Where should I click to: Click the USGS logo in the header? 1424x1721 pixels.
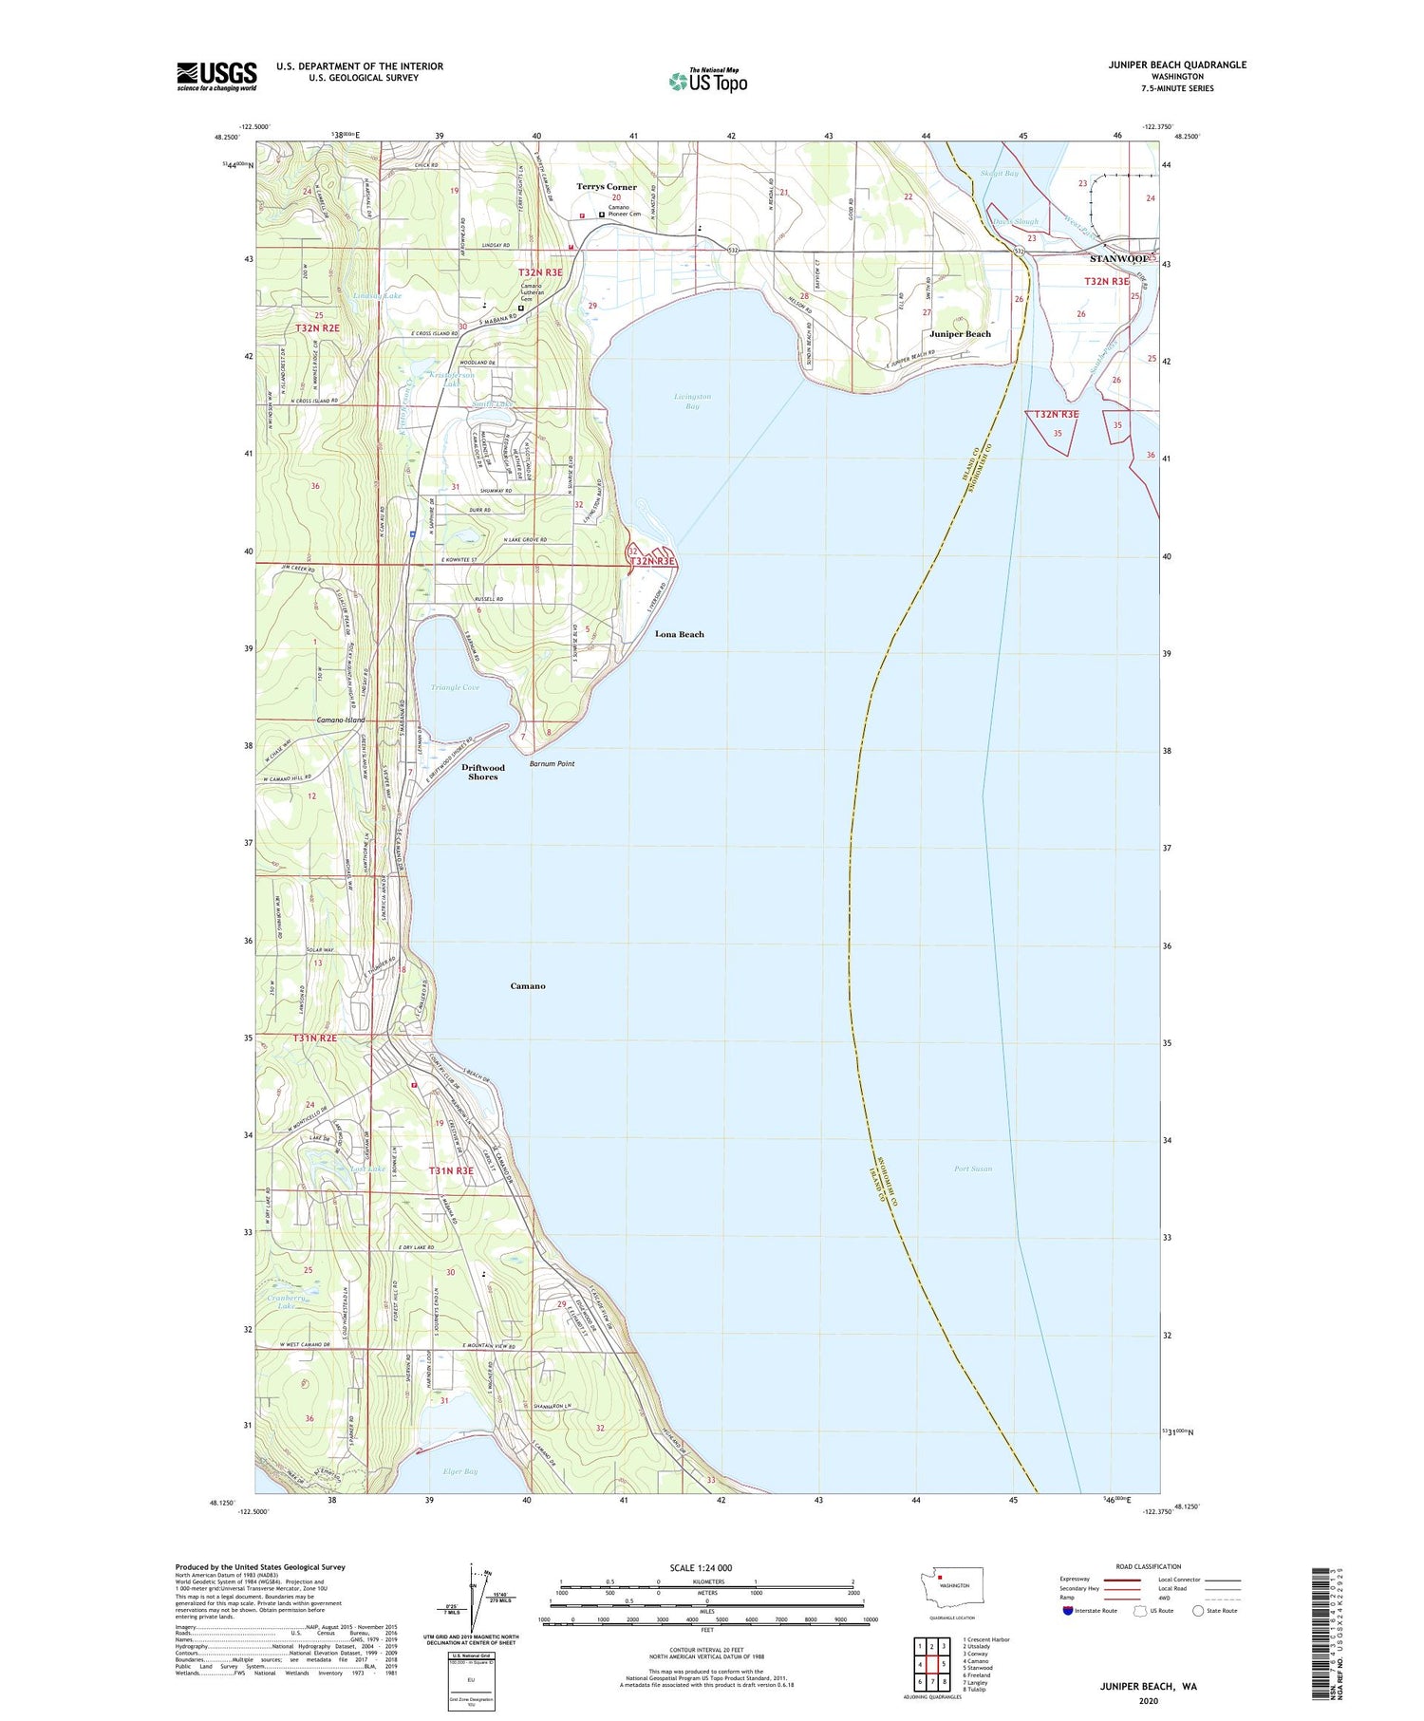pos(216,76)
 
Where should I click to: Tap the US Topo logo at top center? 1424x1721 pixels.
pos(707,81)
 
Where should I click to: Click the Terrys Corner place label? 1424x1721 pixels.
pos(607,187)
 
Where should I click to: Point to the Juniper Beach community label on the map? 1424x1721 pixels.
pos(960,334)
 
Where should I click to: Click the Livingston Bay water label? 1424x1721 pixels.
pos(692,401)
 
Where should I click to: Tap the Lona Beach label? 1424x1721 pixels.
pos(680,634)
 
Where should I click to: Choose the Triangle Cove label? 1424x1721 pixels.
pos(455,687)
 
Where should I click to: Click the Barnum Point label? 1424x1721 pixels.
pos(552,763)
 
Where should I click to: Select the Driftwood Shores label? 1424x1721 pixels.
pos(482,772)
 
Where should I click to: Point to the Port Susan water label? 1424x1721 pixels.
pos(973,1169)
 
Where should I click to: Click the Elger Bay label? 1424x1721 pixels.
pos(459,1471)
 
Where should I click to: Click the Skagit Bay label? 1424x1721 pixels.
pos(999,174)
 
